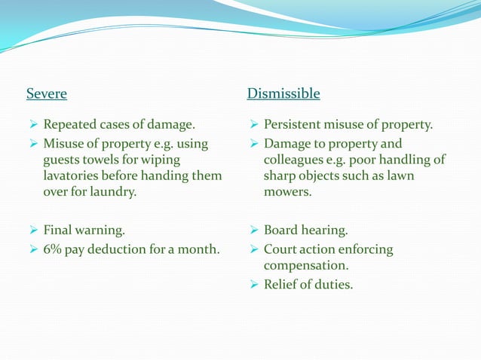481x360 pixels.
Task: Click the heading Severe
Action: click(47, 94)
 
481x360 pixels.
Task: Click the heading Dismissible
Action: click(283, 94)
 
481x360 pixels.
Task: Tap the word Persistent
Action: click(294, 124)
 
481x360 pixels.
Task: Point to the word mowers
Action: click(286, 192)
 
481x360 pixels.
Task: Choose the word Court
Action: click(281, 249)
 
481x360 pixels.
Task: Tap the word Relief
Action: click(281, 285)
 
